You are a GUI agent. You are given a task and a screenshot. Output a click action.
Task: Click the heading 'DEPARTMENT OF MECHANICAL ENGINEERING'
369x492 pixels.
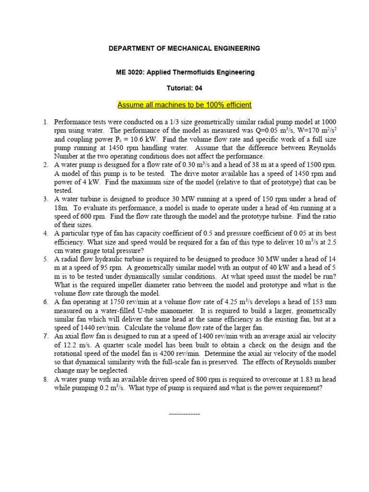point(184,49)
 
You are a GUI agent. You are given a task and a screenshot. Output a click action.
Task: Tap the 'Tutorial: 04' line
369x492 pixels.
point(184,88)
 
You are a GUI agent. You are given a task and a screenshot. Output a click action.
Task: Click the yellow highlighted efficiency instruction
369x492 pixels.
point(184,105)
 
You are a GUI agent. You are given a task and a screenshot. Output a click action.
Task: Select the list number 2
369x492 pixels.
point(45,165)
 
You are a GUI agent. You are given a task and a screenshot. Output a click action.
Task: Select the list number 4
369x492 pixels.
point(45,233)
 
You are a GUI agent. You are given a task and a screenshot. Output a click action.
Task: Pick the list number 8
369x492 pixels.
point(45,379)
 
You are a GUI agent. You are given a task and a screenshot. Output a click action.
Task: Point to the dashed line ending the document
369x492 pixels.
point(184,414)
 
